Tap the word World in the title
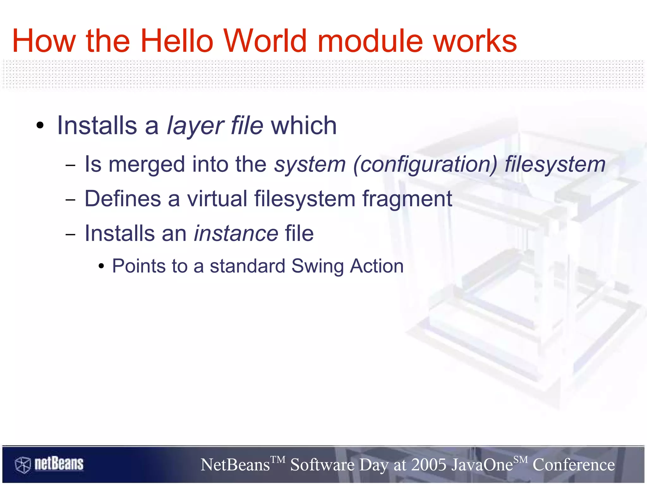(265, 41)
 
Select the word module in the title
(370, 41)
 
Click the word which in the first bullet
(304, 126)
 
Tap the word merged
(147, 165)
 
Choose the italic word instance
(236, 233)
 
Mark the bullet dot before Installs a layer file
(40, 126)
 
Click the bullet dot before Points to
(101, 266)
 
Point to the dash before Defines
(70, 200)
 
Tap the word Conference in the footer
(573, 465)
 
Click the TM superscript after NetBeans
(278, 459)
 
